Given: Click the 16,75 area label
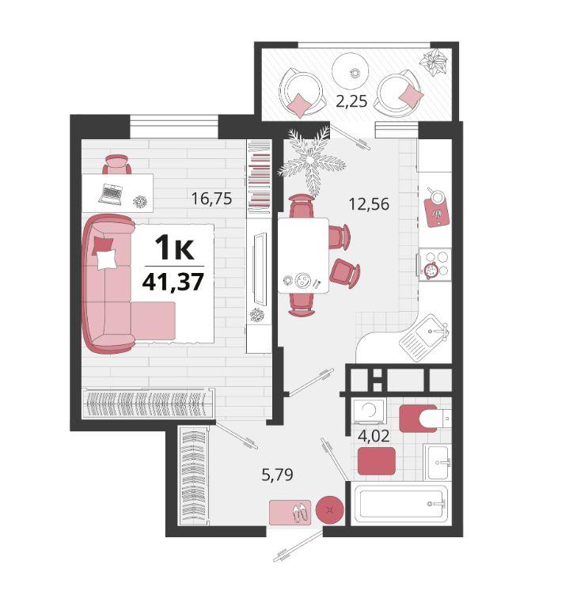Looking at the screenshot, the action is [x=211, y=199].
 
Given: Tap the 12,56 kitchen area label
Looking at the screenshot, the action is [x=369, y=204].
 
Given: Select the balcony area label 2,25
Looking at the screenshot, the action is [x=351, y=101].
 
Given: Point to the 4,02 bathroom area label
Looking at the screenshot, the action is [x=374, y=436].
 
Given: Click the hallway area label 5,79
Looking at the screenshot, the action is [x=277, y=474].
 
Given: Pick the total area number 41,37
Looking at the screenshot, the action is [x=173, y=282].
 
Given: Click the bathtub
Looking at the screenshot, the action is [x=401, y=503].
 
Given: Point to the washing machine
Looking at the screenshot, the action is [x=369, y=411].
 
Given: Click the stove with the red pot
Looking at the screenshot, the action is [x=434, y=264].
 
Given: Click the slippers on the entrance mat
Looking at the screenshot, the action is [x=302, y=512].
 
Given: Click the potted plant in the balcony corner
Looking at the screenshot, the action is [x=434, y=63].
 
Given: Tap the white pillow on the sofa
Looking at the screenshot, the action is [x=106, y=260].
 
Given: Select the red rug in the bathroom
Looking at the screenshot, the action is [x=377, y=460].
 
